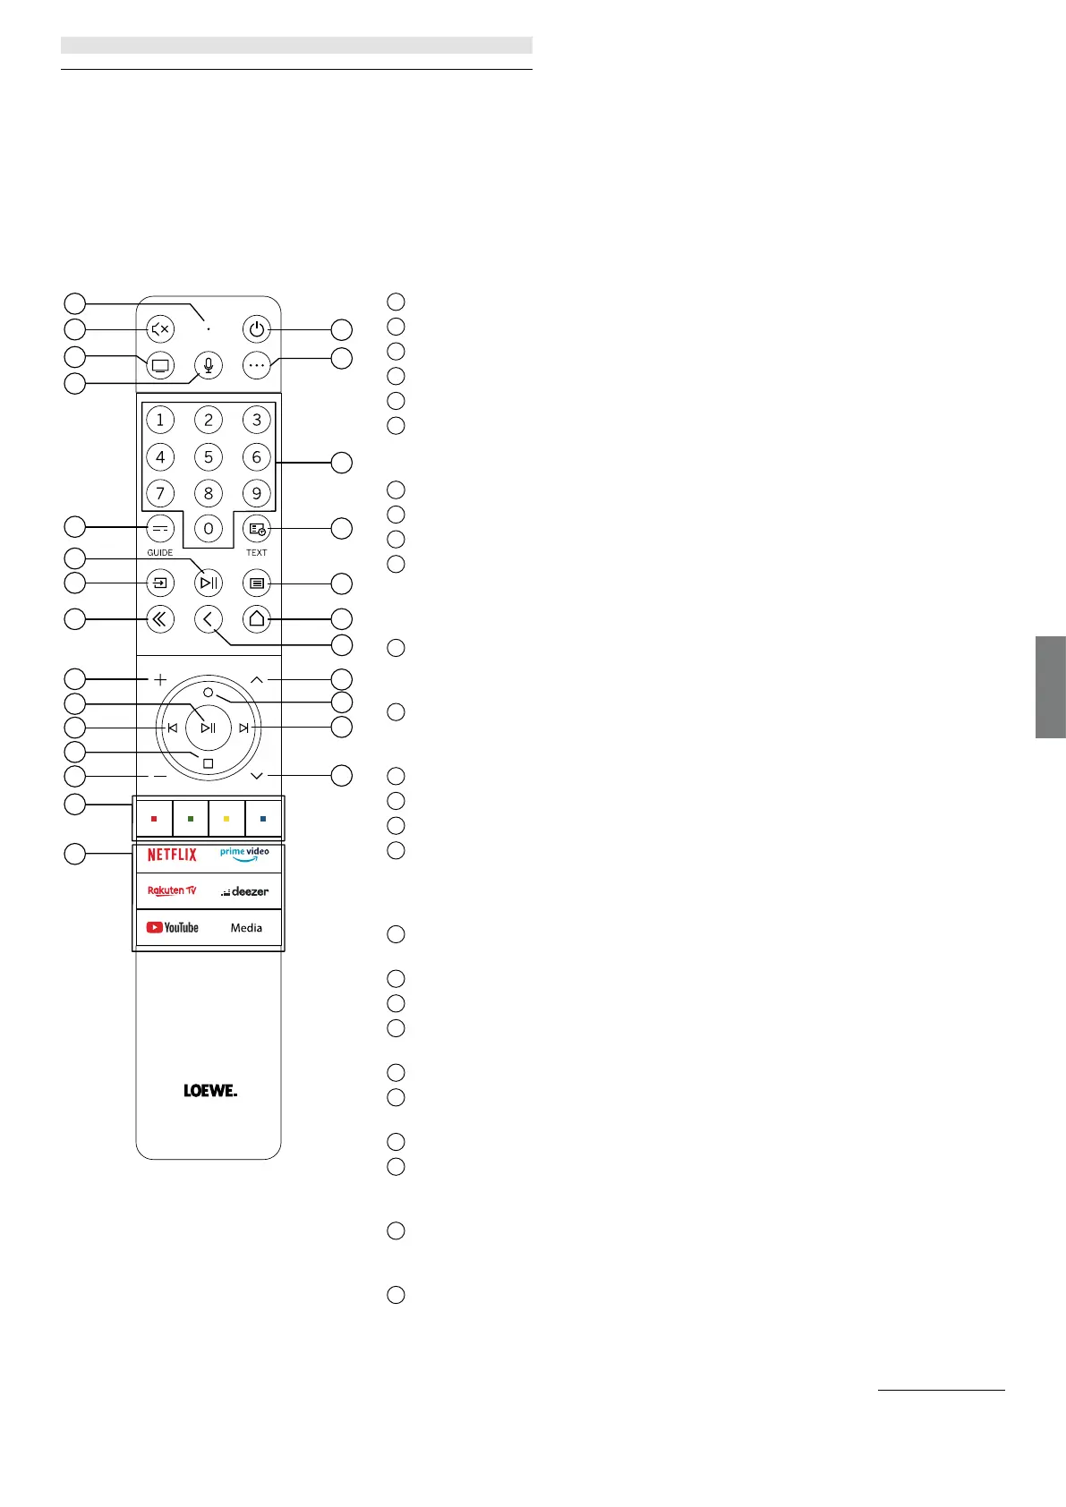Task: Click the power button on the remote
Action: [x=257, y=329]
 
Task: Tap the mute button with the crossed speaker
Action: [x=160, y=329]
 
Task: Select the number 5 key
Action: [x=209, y=457]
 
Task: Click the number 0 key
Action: [x=209, y=529]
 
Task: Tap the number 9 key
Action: [x=257, y=493]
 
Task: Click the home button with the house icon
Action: [x=257, y=618]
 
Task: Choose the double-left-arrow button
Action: [x=160, y=618]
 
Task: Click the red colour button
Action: [x=154, y=819]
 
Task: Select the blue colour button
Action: [x=263, y=819]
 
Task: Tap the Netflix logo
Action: [x=172, y=855]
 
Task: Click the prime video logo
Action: [x=244, y=855]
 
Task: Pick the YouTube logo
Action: [x=173, y=927]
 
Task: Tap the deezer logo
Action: [x=245, y=891]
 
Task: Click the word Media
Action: [x=246, y=928]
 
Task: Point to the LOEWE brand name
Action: [x=210, y=1091]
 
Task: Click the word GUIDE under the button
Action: [x=160, y=553]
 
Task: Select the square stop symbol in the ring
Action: [x=209, y=763]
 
